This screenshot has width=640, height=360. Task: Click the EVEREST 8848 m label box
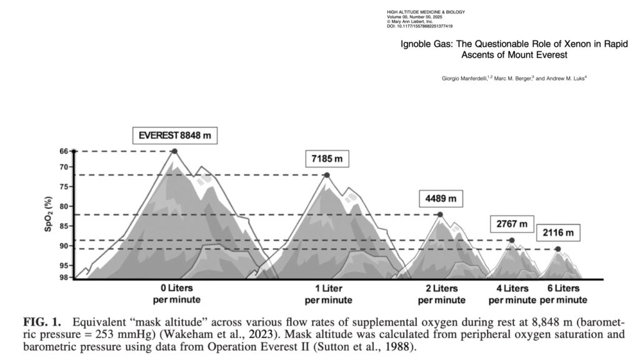pos(176,135)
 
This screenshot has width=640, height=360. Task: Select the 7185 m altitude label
pos(327,159)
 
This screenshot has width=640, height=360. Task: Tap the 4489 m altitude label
pos(441,199)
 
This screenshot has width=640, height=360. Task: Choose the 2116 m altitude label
pos(557,233)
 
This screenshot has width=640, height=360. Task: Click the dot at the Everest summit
pos(174,151)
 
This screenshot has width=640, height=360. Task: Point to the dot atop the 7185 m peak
pos(327,175)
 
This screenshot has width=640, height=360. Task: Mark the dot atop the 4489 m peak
pos(441,214)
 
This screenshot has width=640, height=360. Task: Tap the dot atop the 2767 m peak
pos(512,240)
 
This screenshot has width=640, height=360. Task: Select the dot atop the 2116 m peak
pos(557,249)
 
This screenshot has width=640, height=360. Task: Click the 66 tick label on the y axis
pos(64,152)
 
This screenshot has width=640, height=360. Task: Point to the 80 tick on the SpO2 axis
pos(64,206)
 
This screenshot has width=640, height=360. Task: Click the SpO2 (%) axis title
pos(48,214)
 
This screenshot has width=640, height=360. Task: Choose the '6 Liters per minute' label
pos(563,294)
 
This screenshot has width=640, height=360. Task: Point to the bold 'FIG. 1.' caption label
pos(42,322)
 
